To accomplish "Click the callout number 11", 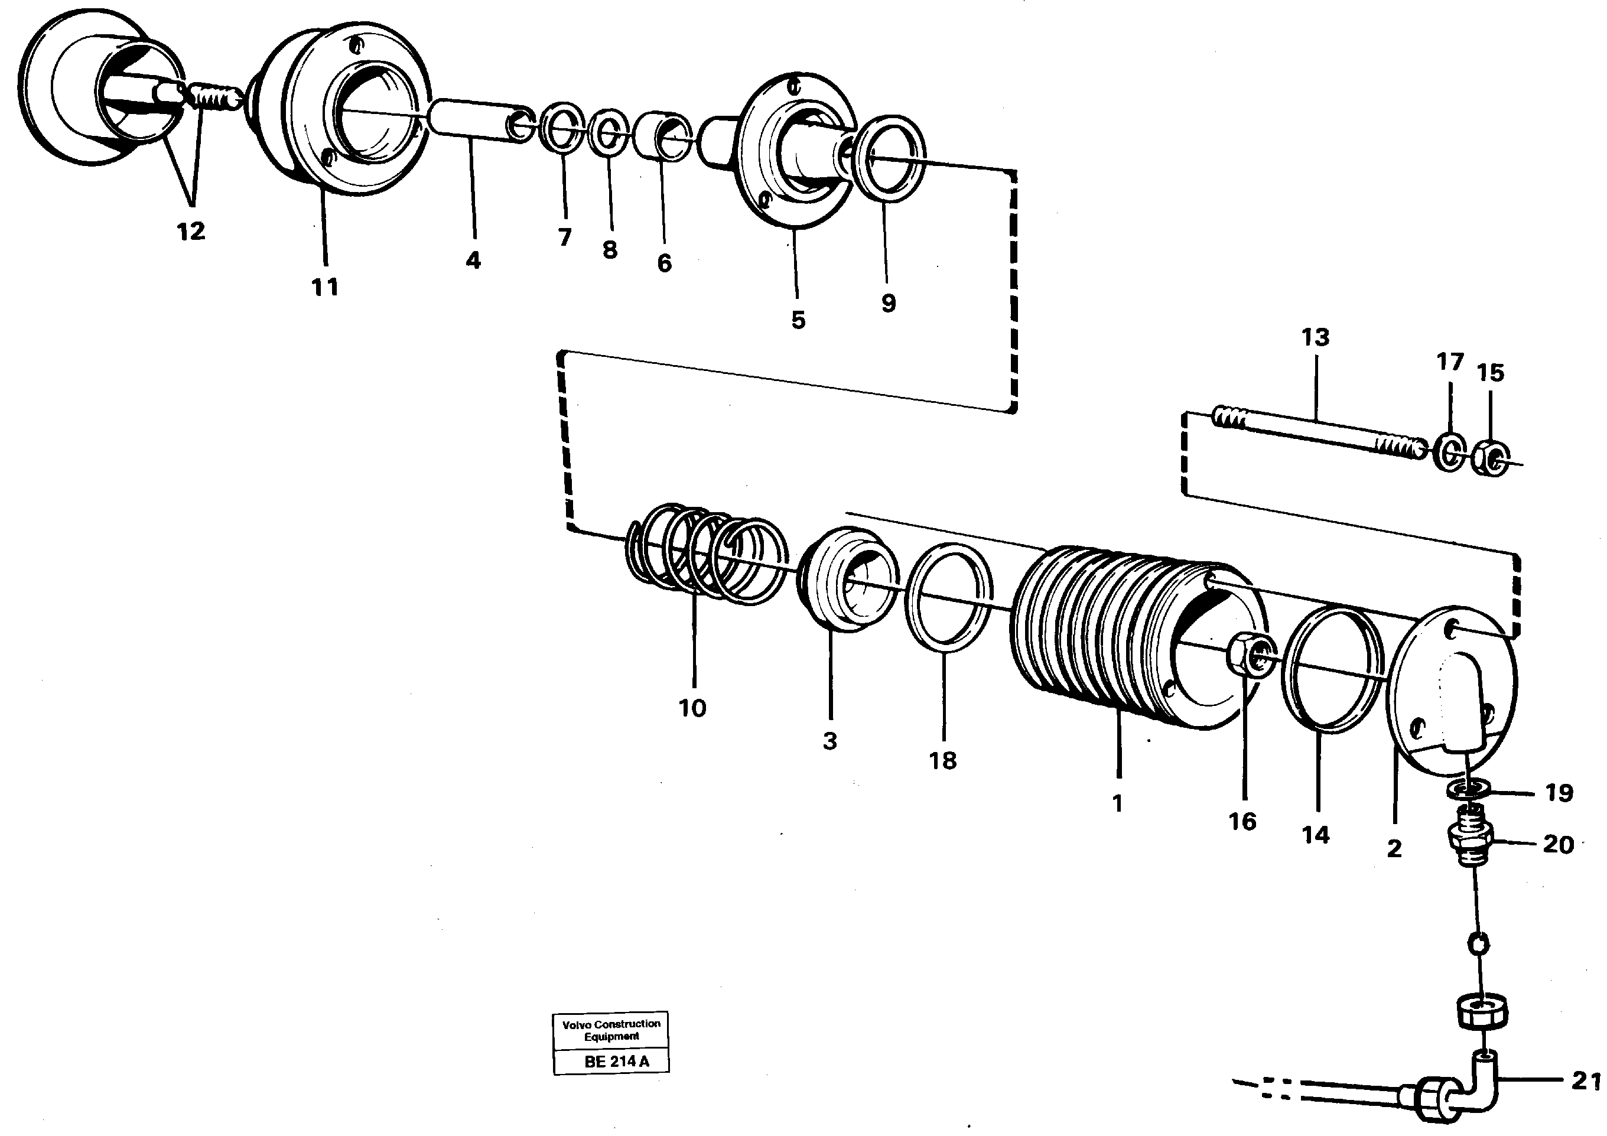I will (x=325, y=287).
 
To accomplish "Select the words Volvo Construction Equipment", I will (x=611, y=1030).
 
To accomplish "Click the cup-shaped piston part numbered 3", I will (x=847, y=581).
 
